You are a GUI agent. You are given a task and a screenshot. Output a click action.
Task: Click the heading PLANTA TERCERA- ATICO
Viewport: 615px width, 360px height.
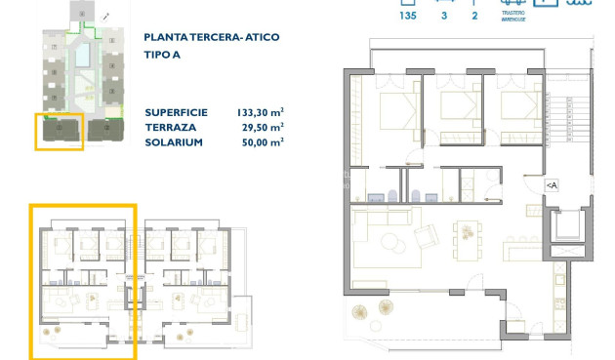tap(212, 37)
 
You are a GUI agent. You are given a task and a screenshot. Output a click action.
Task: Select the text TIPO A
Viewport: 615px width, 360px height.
tap(163, 55)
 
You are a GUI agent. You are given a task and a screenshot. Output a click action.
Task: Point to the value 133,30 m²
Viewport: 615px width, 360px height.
tap(260, 110)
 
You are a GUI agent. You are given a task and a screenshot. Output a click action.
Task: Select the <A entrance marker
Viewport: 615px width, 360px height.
tap(552, 184)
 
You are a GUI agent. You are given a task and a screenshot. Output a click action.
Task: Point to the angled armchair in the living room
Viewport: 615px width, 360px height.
tap(427, 236)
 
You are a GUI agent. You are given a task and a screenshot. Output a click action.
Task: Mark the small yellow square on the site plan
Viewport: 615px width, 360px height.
tap(60, 131)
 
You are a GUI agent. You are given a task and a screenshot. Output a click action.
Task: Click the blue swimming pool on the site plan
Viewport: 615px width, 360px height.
tap(83, 52)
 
